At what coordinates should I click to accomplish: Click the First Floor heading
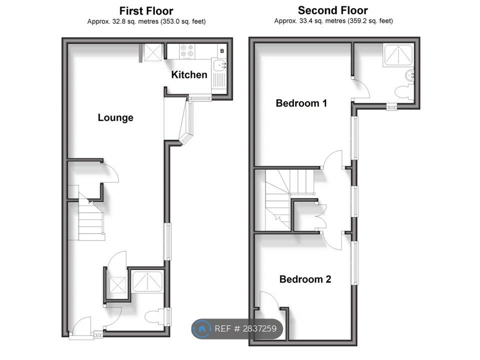146,10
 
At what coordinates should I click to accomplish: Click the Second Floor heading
332,10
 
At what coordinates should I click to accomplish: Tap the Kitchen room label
189,75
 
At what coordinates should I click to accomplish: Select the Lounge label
115,118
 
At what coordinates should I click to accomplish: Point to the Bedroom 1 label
301,103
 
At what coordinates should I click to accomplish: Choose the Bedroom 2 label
305,279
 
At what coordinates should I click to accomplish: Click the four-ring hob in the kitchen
187,51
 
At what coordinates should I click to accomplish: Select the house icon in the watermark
202,329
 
